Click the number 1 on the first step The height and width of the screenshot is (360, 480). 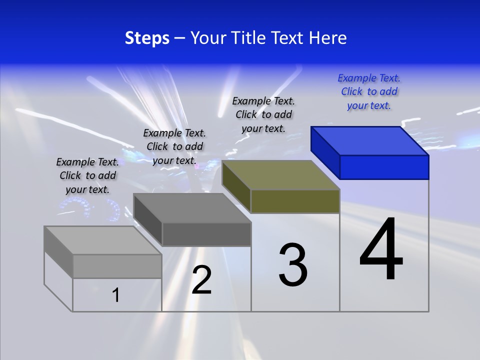116,295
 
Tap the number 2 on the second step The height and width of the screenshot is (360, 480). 201,280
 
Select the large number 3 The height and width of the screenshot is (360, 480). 293,265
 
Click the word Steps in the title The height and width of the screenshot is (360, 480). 147,38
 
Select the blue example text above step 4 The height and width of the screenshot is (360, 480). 369,92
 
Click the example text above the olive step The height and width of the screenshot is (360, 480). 263,114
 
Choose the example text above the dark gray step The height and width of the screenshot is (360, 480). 174,146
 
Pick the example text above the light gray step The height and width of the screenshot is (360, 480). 87,175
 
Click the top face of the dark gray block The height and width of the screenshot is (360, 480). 192,207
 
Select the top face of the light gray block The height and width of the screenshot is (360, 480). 102,240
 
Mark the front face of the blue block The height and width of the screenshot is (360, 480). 384,167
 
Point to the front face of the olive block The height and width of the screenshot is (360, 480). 295,201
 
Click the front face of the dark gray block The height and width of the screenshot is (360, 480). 206,234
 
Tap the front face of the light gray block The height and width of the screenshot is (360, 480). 117,266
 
